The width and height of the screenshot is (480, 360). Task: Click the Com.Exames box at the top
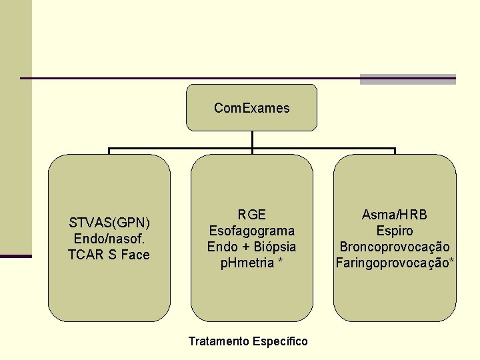(251, 107)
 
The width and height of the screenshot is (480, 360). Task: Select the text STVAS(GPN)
(109, 223)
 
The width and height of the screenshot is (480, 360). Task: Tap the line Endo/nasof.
(109, 239)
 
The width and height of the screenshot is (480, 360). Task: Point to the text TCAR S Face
(109, 255)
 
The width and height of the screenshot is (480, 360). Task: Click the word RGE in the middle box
(252, 215)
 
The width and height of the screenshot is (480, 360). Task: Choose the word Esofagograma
(252, 231)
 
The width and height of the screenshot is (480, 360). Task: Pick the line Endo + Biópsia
(252, 247)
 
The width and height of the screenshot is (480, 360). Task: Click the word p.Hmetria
(247, 263)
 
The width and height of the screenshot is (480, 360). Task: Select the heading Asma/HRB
(395, 215)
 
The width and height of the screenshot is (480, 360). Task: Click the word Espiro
(395, 231)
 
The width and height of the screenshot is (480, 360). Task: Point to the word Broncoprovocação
(395, 247)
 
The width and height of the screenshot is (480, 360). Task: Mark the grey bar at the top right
(407, 79)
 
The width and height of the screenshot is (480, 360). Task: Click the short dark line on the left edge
(16, 256)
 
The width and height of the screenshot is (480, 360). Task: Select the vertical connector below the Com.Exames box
(252, 139)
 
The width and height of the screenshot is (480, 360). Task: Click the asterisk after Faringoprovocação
(453, 261)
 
